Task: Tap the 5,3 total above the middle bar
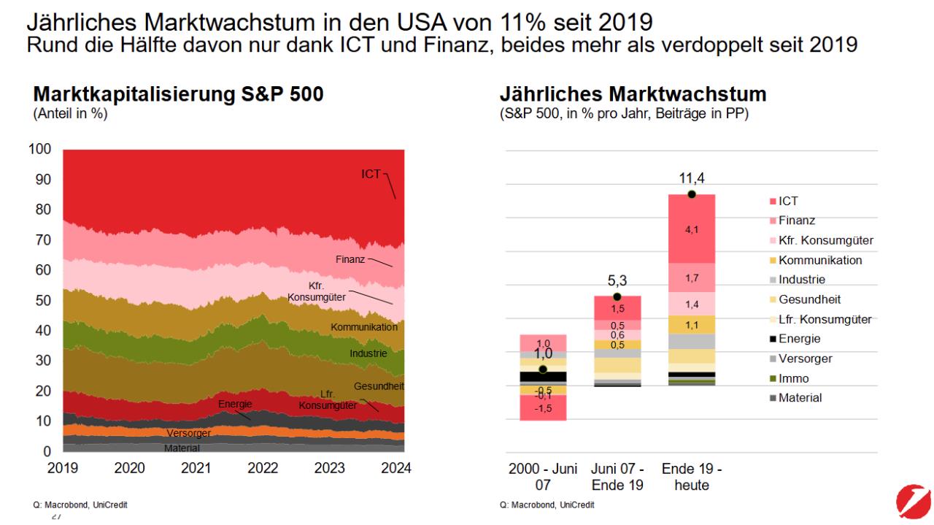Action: coord(617,279)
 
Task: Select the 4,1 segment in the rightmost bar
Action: coord(691,229)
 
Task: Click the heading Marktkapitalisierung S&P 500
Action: coord(178,95)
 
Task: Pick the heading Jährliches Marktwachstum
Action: coord(633,95)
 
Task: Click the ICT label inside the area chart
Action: coord(371,175)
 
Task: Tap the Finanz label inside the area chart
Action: coord(350,259)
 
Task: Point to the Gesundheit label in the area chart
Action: coord(379,386)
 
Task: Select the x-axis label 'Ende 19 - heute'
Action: coord(691,476)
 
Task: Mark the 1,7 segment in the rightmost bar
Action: coord(691,277)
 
